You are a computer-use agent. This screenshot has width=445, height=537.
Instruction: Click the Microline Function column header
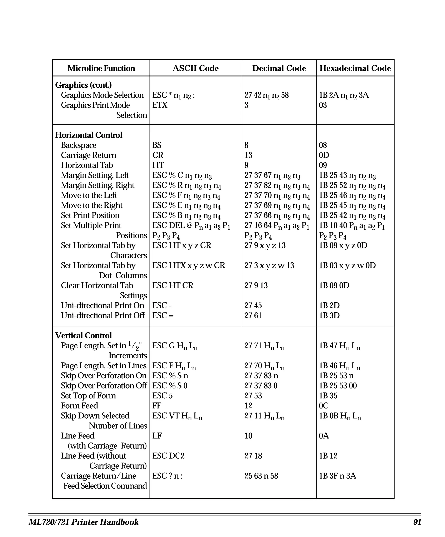coord(101,68)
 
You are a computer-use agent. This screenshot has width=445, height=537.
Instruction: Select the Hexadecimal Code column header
coord(355,68)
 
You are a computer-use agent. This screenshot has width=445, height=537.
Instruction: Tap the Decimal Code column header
coord(279,68)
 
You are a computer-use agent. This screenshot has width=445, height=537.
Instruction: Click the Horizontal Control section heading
coord(88,135)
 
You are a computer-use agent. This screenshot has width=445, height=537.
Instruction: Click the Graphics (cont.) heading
coord(83,85)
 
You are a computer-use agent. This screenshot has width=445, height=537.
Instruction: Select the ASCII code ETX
coord(160,105)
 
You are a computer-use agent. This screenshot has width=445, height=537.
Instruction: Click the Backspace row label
coord(78,145)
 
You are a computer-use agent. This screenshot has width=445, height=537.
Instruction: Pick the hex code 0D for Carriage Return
coord(324,155)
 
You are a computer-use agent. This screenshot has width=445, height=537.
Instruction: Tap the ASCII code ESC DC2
coord(168,456)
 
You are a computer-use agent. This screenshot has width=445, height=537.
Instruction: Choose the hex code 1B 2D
coord(329,306)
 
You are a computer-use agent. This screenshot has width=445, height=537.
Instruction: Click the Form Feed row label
coord(79,406)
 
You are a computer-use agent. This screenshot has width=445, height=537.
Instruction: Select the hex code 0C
coord(324,406)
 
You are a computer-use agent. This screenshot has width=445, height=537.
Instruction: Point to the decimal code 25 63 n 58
coord(261,476)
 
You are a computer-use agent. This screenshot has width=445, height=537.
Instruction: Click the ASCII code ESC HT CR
coord(173,285)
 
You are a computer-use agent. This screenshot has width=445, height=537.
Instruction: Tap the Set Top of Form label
coord(88,396)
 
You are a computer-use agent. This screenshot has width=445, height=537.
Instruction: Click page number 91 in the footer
coord(417,522)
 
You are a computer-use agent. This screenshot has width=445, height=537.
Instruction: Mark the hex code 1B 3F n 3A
coord(337,476)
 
